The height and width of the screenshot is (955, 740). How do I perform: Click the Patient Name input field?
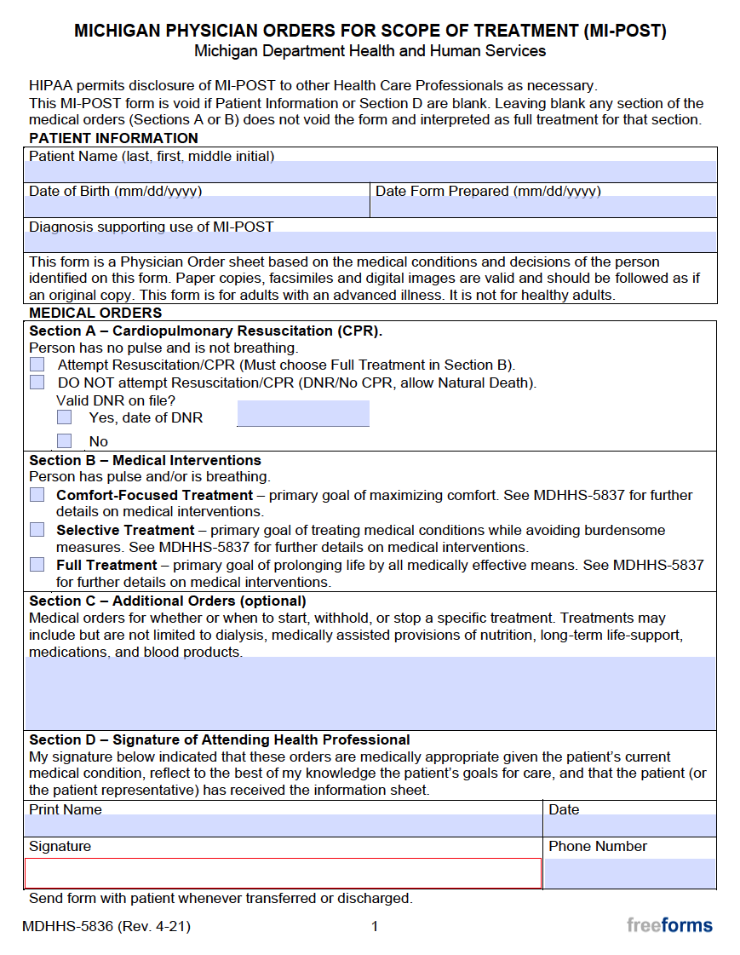370,171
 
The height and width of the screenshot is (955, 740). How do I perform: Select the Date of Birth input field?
197,207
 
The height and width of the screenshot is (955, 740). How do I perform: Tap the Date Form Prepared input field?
544,207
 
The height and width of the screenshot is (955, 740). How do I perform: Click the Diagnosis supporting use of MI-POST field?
370,242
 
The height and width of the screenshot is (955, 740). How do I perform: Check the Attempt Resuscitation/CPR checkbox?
37,365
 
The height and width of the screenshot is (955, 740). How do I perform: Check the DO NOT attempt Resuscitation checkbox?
37,383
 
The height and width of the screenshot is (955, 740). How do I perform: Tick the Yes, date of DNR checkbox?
65,417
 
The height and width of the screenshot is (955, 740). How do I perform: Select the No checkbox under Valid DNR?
65,440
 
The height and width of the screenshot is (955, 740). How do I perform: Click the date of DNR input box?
302,414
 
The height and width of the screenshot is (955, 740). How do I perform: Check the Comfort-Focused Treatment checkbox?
37,495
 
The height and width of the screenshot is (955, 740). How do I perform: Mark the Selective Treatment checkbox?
37,530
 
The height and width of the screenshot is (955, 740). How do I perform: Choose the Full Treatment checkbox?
37,565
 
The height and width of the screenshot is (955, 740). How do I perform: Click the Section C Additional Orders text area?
370,693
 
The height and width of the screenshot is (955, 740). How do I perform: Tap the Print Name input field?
283,826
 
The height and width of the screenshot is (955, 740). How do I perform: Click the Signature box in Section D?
283,873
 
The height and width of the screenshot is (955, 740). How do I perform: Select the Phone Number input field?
629,873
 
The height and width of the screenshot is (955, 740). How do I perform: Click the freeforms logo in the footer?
669,925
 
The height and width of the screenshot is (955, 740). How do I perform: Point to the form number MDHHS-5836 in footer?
106,926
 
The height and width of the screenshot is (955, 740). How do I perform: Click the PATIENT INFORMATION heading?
113,138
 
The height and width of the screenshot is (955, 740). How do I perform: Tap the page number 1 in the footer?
374,926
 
